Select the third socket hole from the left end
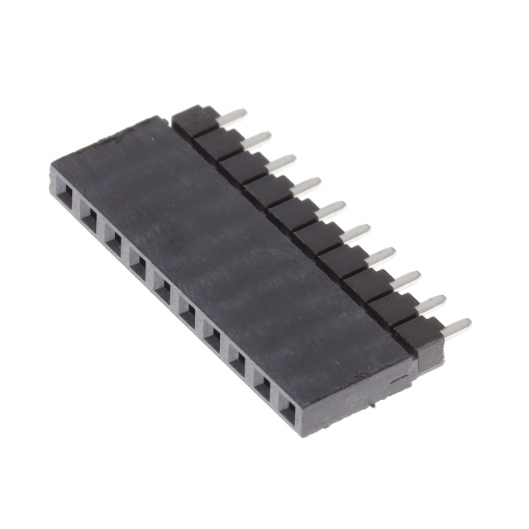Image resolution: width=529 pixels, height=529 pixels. [x=113, y=239]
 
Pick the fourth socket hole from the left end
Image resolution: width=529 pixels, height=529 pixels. [x=138, y=264]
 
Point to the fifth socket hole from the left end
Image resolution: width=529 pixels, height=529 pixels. [x=162, y=289]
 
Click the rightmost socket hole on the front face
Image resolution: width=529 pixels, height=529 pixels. [x=286, y=407]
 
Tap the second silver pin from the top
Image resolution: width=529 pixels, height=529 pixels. [x=256, y=139]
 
